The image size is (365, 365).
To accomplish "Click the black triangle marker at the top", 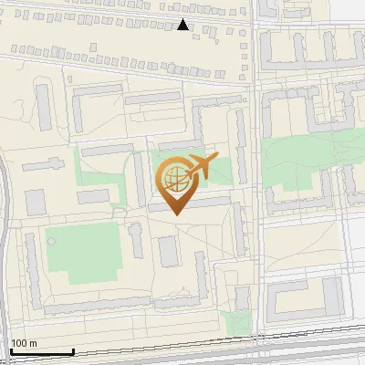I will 182,25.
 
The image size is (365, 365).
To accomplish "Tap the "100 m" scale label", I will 24,343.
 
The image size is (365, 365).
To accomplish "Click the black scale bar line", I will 41,351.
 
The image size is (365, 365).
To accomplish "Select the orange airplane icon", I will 201,168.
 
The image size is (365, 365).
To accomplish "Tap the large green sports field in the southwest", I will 84,250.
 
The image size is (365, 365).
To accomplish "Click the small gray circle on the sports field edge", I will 52,241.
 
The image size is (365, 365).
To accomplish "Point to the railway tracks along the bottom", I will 182,351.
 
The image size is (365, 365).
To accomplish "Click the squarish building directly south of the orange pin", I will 169,251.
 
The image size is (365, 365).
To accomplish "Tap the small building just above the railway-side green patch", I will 242,297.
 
